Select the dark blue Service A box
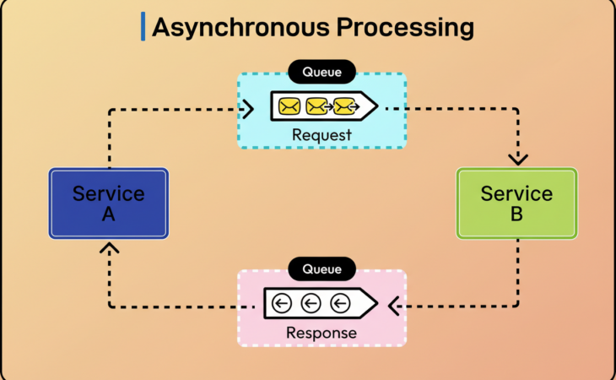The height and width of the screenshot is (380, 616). point(108,204)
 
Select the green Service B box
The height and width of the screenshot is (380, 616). point(516,204)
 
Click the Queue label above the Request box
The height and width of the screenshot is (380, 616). point(322,72)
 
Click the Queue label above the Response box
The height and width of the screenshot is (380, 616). point(322,269)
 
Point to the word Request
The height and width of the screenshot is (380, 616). point(322,134)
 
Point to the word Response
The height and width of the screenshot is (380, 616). point(322,333)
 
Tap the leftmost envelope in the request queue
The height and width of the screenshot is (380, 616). point(289,107)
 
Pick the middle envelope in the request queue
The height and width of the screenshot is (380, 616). point(316,107)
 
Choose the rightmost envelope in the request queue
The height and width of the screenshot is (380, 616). point(343,107)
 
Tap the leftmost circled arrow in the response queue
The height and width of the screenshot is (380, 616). point(283,303)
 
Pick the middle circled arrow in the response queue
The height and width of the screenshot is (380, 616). point(311,303)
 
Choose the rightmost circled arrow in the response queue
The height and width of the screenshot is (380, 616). point(340,303)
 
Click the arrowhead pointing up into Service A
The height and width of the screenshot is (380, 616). point(109,248)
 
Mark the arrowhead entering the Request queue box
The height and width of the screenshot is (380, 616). point(247,109)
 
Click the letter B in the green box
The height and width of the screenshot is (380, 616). point(516,214)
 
